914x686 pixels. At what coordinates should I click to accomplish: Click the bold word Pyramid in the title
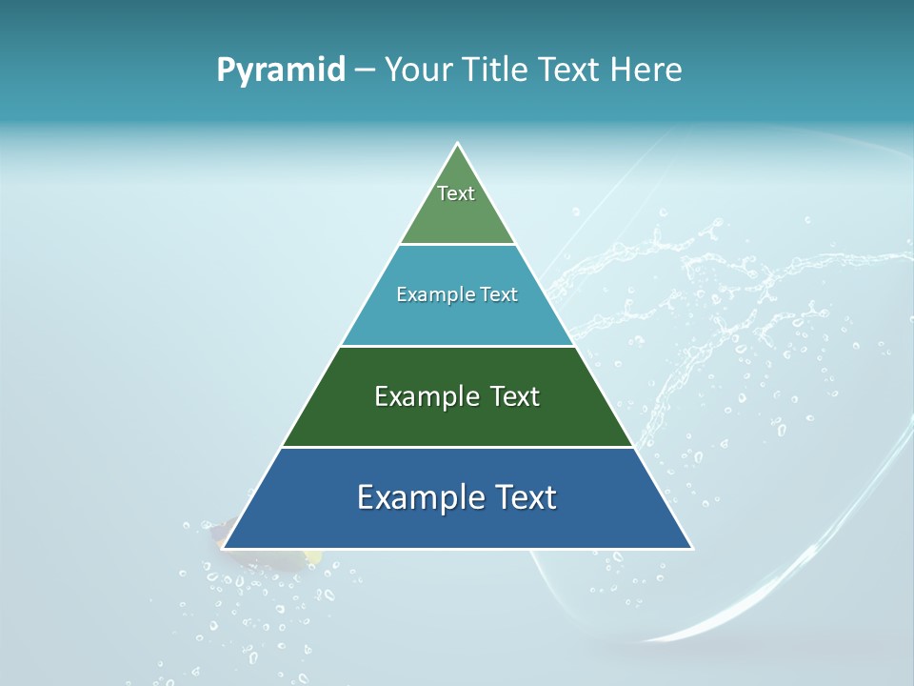click(x=281, y=71)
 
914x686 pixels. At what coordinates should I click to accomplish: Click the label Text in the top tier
click(x=456, y=193)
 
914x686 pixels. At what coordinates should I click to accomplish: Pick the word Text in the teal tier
click(x=499, y=294)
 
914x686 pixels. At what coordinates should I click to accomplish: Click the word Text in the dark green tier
click(x=515, y=396)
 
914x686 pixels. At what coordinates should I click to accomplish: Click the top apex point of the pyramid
click(x=458, y=144)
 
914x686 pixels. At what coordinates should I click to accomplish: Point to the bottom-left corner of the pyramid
click(x=223, y=548)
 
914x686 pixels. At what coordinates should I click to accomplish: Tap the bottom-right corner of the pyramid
click(x=692, y=548)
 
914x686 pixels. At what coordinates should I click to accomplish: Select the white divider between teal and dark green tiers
click(x=457, y=346)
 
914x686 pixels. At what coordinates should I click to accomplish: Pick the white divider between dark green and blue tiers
click(x=457, y=447)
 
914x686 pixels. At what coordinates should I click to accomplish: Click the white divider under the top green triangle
click(x=457, y=245)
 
